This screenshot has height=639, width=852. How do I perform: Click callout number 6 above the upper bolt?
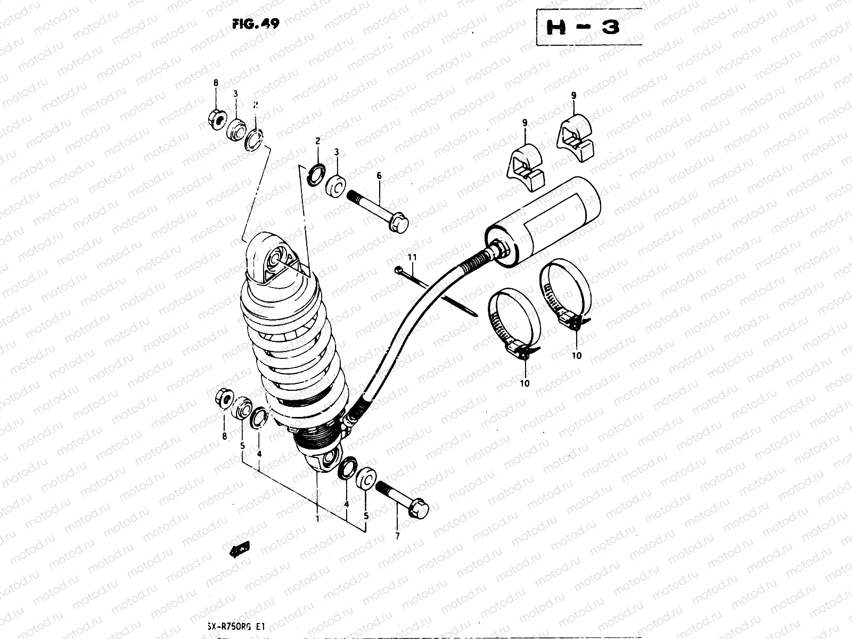pos(379,176)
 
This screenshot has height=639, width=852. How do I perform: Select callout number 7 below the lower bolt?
pos(397,536)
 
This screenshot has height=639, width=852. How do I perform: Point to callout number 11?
pos(411,257)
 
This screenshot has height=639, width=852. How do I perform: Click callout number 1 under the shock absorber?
pos(317,518)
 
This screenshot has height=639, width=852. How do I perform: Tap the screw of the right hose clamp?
pos(571,321)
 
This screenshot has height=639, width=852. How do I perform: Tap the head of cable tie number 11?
pos(399,271)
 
